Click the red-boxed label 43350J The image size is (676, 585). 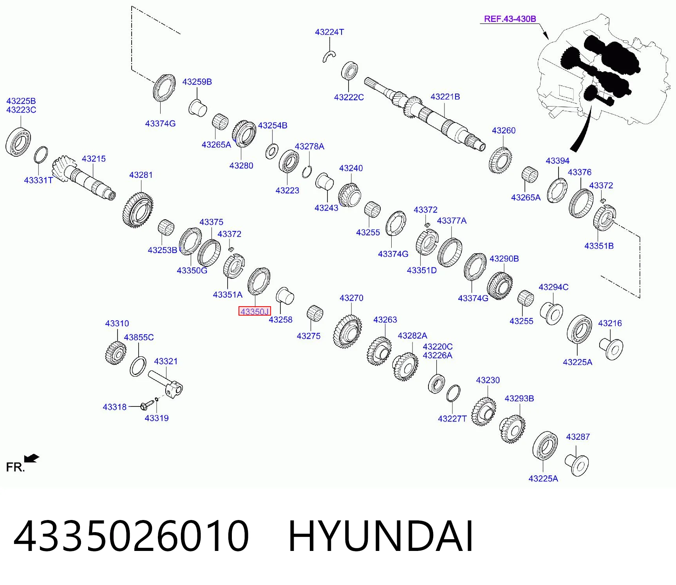(x=255, y=311)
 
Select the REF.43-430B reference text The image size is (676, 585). (x=510, y=19)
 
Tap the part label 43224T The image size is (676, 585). (x=329, y=32)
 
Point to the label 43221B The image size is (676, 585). (x=445, y=97)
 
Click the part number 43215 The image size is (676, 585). (x=94, y=159)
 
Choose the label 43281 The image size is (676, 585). (x=141, y=175)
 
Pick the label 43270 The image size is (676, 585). (x=351, y=298)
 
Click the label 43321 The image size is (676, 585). (x=166, y=361)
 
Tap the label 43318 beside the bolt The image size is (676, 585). (x=114, y=407)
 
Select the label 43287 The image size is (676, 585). (x=578, y=437)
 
